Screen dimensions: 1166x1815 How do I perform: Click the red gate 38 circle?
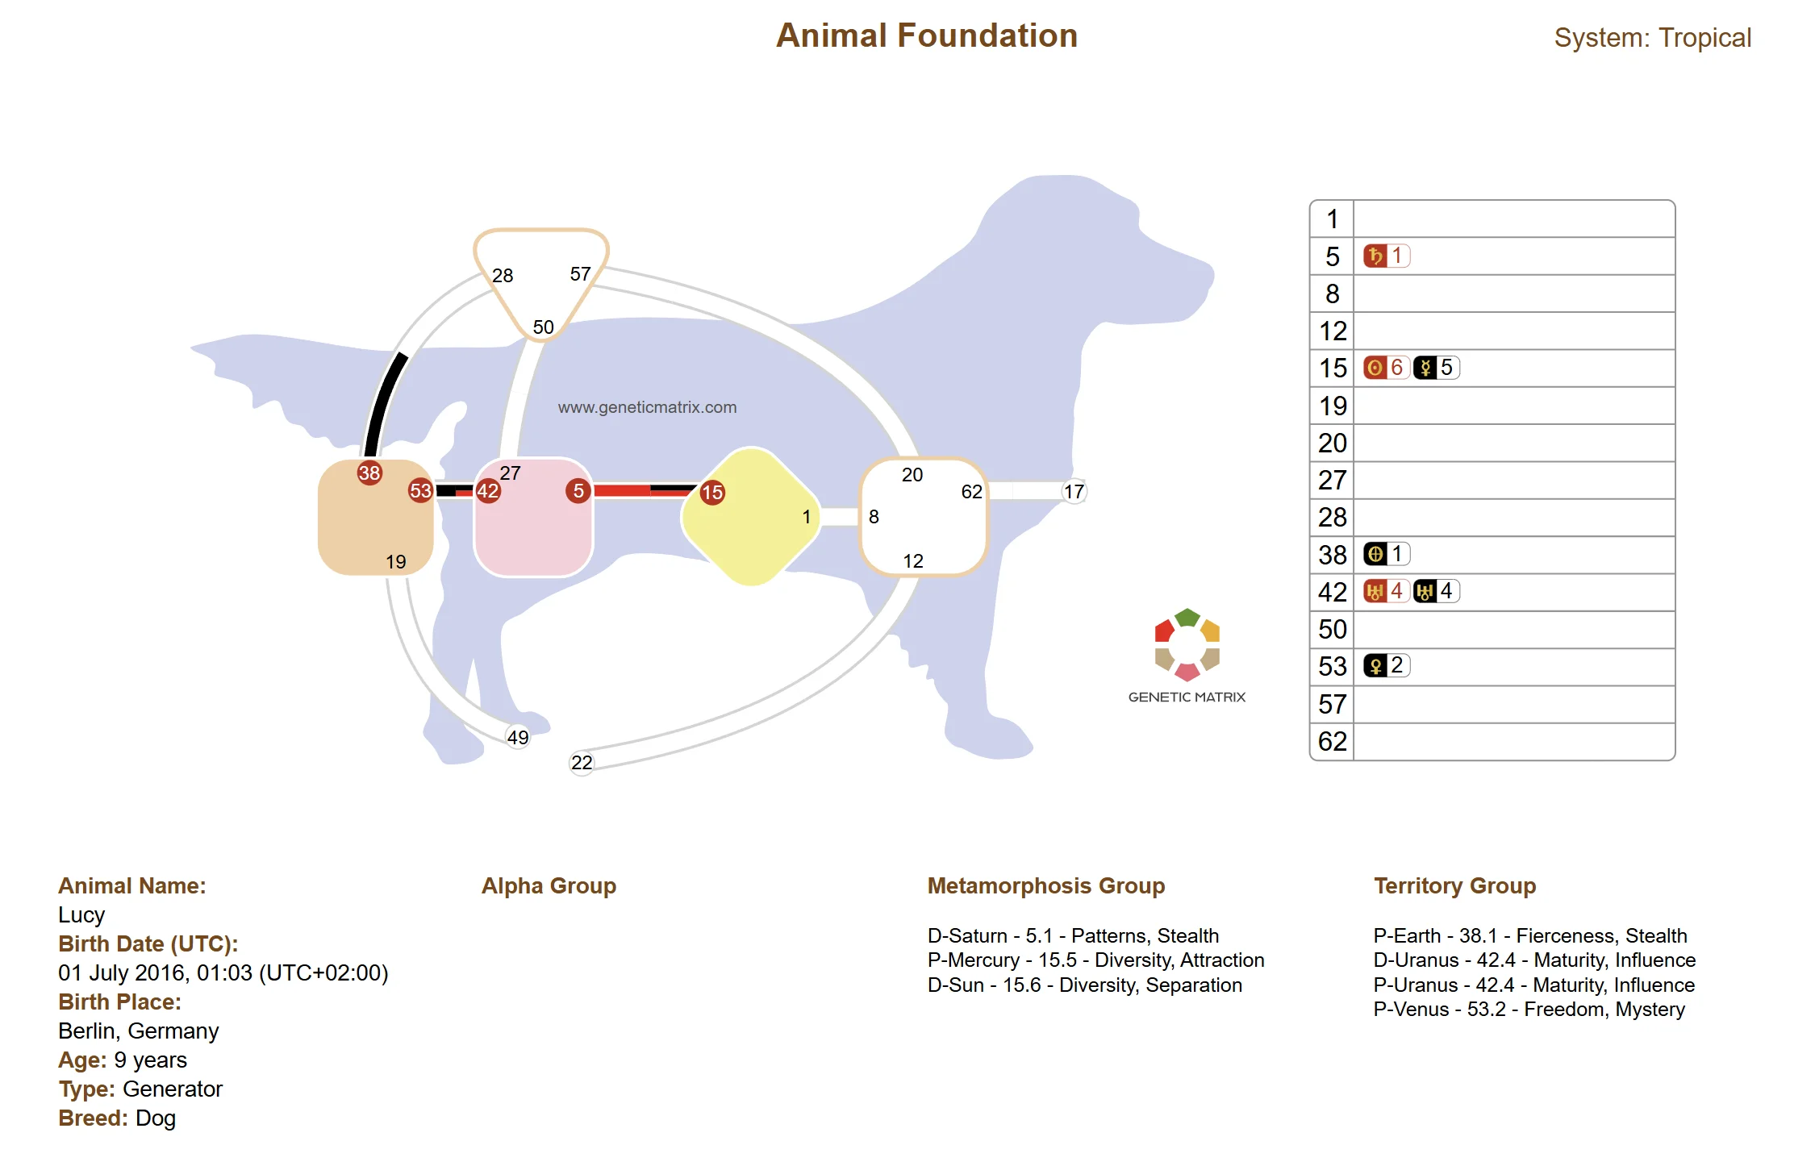[369, 473]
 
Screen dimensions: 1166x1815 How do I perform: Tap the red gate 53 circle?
[420, 490]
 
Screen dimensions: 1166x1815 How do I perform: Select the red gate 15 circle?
[711, 492]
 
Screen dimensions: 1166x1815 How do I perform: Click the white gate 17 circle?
[1074, 491]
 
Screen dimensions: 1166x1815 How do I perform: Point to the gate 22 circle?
[582, 762]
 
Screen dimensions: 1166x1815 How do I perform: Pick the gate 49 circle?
[518, 737]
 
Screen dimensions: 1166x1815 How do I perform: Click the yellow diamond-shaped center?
[751, 517]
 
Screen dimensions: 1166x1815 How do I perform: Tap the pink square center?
[533, 518]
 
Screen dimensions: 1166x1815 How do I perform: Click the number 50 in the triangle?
[543, 327]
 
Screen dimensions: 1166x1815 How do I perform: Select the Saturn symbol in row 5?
[1375, 256]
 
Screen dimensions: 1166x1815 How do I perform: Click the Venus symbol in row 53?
[1375, 666]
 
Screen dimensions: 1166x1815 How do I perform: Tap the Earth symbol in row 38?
[1375, 554]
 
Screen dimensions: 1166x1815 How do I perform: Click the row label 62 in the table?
[1333, 741]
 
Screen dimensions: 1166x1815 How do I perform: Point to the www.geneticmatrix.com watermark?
[647, 407]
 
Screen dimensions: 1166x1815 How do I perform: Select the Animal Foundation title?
[927, 36]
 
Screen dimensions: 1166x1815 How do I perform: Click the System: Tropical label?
[1652, 38]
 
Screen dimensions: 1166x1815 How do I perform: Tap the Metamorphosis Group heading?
[1045, 885]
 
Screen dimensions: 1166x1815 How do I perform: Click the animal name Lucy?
[81, 914]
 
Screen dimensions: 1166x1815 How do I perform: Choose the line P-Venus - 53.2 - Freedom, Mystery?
[1529, 1009]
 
